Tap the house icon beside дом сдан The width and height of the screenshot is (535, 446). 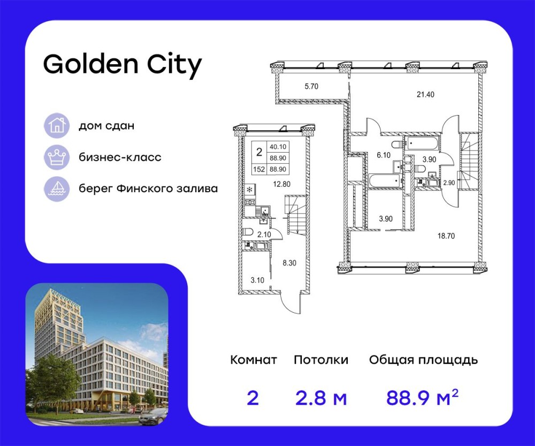click(x=56, y=126)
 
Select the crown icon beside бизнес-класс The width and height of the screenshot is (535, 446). click(x=56, y=157)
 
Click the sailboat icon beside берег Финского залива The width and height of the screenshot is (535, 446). click(x=56, y=188)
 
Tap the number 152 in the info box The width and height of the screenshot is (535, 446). click(x=259, y=169)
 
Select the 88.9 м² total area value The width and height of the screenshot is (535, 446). click(x=423, y=398)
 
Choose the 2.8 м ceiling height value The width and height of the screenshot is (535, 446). click(x=321, y=398)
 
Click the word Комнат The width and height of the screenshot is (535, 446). click(x=254, y=360)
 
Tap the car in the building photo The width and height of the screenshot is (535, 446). click(x=152, y=415)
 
